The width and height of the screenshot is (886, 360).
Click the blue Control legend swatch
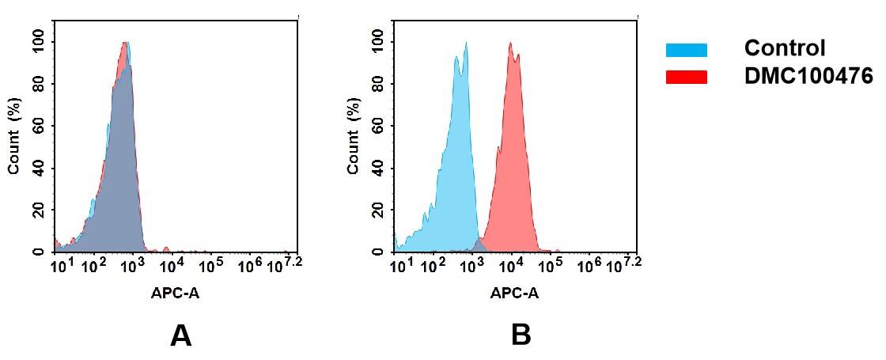coord(686,50)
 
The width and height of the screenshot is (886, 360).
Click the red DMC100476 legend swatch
coord(686,77)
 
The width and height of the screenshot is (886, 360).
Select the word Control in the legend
coord(784,48)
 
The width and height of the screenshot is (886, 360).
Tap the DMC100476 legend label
coord(808,76)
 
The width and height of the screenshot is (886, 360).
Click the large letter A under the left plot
coord(180,336)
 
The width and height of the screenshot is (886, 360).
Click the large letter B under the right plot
coord(521,336)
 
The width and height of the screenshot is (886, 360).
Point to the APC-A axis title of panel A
coord(175,294)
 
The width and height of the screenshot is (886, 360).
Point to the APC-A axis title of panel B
coord(515,294)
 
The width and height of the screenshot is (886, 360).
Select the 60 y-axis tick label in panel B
coord(377,126)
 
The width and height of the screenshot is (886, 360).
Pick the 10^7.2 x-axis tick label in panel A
coord(286,264)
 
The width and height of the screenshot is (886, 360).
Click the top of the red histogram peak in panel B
coord(511,44)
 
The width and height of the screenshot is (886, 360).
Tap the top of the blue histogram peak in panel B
coord(466,44)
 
